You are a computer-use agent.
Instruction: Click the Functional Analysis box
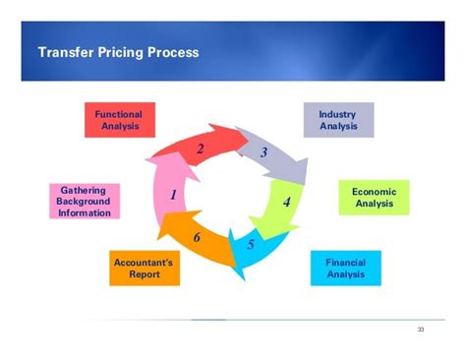[x=119, y=120]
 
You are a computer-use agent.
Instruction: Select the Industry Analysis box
[x=337, y=120]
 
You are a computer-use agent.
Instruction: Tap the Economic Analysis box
[x=373, y=198]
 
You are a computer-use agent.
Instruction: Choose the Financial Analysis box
[x=345, y=269]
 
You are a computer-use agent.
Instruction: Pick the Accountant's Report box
[x=144, y=269]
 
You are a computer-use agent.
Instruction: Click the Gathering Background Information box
[x=84, y=201]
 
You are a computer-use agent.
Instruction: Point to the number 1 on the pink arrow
[x=172, y=195]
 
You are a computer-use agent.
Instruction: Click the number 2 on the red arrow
[x=200, y=150]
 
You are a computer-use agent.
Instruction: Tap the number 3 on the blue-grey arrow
[x=263, y=153]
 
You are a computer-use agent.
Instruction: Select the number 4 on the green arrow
[x=286, y=203]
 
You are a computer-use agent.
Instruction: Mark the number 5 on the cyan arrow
[x=251, y=244]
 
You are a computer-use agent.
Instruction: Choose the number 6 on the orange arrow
[x=197, y=237]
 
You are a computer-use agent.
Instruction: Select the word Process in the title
[x=176, y=52]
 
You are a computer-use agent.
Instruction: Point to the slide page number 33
[x=421, y=329]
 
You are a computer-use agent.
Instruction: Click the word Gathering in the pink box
[x=84, y=189]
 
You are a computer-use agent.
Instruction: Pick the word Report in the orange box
[x=144, y=275]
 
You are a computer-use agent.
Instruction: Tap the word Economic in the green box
[x=373, y=191]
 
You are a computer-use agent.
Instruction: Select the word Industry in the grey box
[x=337, y=114]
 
